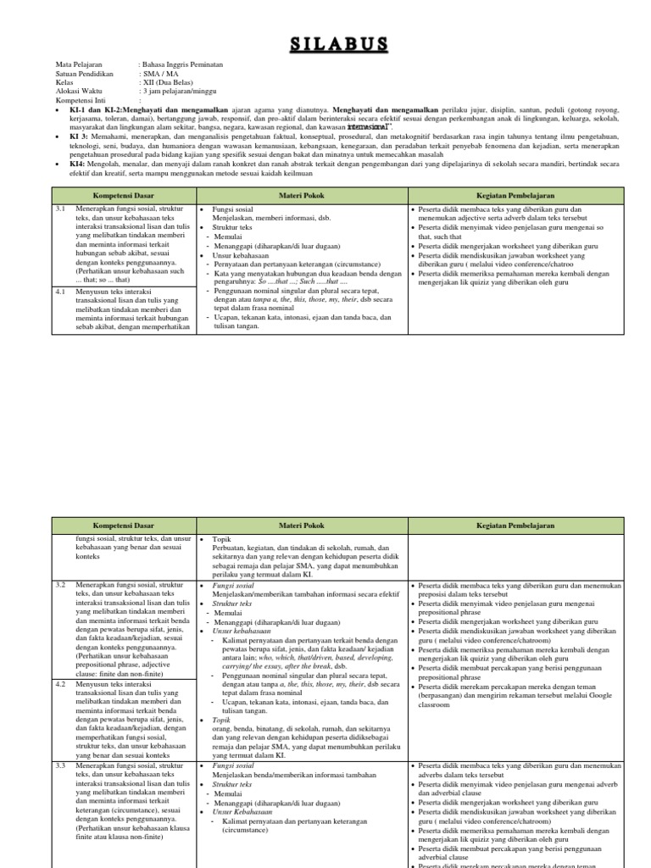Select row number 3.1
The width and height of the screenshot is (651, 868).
[x=60, y=208]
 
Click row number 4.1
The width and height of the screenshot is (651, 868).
[x=60, y=291]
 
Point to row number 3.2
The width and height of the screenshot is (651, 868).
[x=60, y=585]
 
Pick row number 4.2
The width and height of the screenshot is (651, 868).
[x=60, y=683]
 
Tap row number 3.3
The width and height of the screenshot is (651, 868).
[x=60, y=765]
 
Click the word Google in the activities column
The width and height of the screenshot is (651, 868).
[x=601, y=694]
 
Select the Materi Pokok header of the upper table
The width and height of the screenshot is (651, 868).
[x=302, y=195]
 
